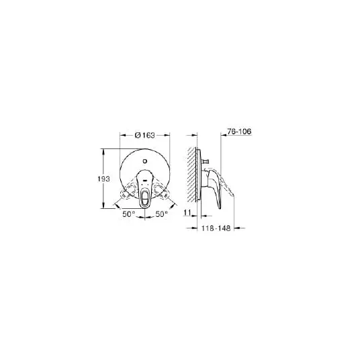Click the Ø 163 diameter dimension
(145, 136)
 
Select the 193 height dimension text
(104, 179)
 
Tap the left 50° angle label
(129, 214)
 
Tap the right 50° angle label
(162, 214)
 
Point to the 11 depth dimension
(187, 213)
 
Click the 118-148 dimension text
(216, 228)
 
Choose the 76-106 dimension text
(239, 132)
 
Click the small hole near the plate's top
(145, 161)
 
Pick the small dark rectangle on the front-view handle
(145, 181)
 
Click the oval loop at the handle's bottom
(145, 195)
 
